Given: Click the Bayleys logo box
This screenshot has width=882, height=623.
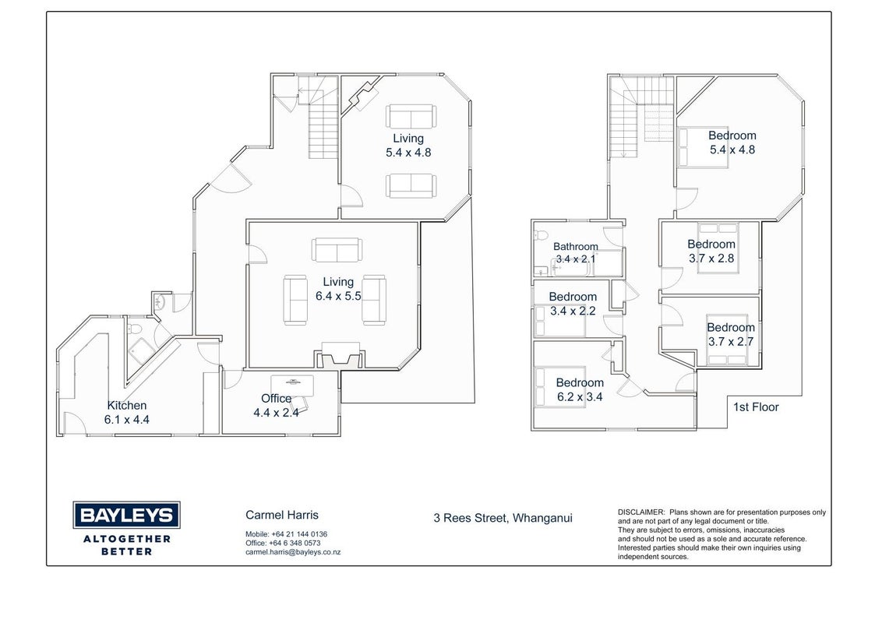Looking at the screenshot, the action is tap(126, 515).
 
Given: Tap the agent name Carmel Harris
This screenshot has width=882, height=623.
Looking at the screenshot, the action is tap(282, 515).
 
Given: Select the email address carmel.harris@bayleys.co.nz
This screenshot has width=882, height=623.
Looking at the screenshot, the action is tap(293, 552).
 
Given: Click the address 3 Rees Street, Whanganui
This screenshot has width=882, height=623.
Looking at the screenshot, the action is tap(503, 518).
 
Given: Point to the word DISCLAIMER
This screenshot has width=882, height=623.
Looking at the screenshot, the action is tap(641, 512).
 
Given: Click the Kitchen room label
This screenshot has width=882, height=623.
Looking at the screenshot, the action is tap(127, 406).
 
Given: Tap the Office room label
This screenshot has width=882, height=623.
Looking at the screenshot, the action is tap(276, 399).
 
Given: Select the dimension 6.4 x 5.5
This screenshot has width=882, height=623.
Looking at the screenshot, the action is tap(338, 297).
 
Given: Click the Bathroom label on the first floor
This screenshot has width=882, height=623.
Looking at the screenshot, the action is tap(576, 247).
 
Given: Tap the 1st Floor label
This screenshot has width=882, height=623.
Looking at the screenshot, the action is tap(756, 407).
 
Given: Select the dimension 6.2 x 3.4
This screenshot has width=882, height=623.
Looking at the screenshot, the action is tap(580, 397).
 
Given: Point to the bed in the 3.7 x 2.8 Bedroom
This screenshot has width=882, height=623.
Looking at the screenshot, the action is tap(718, 248).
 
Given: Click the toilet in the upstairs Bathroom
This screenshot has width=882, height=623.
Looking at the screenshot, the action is tap(542, 235).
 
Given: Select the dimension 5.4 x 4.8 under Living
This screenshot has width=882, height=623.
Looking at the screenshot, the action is tap(408, 153).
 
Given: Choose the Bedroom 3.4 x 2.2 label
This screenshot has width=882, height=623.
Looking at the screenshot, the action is tap(573, 304).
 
